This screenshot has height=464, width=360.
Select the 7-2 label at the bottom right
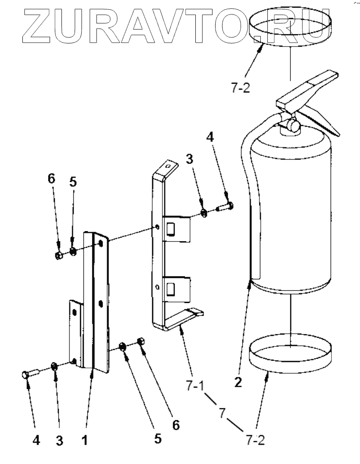click(x=254, y=439)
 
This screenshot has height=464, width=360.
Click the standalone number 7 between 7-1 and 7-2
click(x=222, y=413)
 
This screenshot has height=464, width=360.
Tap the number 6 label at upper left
click(x=52, y=179)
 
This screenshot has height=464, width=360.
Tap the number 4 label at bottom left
click(x=38, y=440)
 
